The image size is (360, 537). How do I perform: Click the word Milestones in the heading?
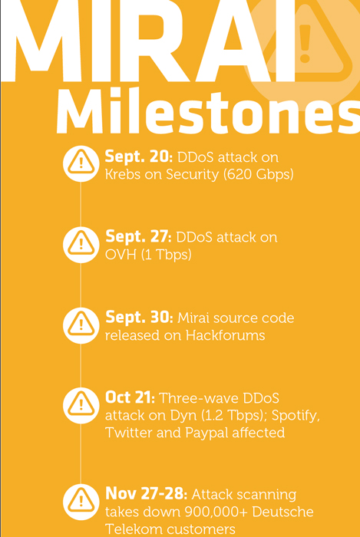(208, 111)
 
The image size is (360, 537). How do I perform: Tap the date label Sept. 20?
(138, 157)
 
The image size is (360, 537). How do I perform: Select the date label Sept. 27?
(138, 237)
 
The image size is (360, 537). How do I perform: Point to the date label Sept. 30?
(139, 317)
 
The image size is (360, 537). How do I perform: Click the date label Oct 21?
(130, 397)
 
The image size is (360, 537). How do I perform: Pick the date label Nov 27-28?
(146, 493)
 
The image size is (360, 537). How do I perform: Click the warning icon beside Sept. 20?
(81, 163)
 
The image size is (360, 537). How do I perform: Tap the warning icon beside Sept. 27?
(81, 245)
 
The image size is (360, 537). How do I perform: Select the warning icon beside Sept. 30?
(81, 325)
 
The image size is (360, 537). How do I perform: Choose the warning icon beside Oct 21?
(81, 406)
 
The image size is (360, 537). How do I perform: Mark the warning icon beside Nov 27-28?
(81, 502)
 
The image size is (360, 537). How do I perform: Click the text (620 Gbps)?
(258, 175)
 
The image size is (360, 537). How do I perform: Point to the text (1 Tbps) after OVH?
(167, 255)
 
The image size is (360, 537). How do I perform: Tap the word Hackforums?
(226, 335)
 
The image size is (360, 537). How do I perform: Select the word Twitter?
(129, 432)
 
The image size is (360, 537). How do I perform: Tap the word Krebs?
(123, 175)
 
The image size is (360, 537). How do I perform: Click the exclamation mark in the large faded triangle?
(305, 44)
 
